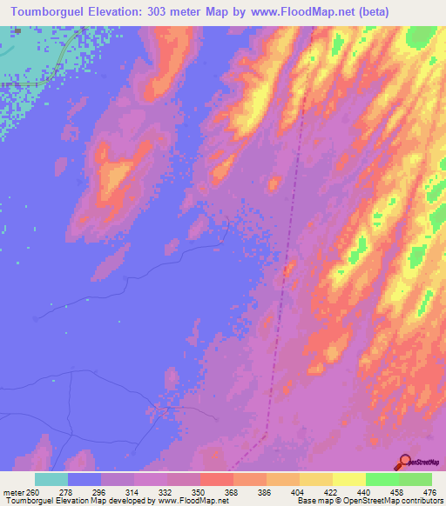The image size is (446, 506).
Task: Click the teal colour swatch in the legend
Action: [x=51, y=479]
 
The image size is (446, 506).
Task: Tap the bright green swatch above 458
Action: [x=382, y=479]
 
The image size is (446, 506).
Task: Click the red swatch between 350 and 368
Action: [x=217, y=479]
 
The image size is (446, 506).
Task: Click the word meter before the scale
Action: [x=12, y=492]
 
